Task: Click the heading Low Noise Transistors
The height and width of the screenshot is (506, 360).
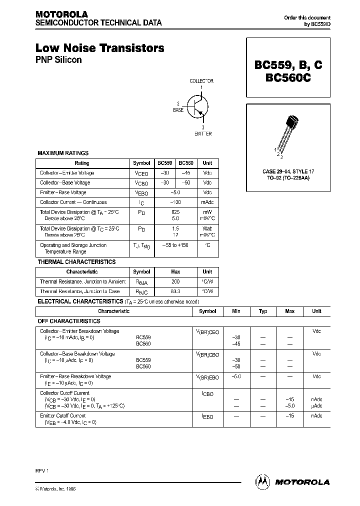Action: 99,48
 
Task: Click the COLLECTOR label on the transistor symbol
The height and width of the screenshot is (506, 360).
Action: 201,80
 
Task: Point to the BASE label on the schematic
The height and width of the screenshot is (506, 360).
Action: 178,109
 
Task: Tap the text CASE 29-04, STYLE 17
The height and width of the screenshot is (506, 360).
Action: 287,171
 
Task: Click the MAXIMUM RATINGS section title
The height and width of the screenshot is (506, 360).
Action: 63,153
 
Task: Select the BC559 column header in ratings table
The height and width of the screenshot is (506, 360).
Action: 165,163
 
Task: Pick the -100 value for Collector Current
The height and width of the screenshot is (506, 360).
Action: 175,202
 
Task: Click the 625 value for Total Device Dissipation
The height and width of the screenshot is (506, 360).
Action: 175,212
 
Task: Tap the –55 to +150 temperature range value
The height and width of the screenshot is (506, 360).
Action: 175,245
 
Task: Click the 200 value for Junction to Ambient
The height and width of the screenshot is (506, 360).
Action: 175,281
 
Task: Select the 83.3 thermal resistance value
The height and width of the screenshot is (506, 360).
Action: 175,291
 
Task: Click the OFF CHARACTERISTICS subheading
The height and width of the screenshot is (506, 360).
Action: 69,321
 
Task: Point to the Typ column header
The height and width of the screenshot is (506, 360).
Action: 263,311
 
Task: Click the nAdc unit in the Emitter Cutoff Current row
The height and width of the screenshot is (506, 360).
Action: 316,416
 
